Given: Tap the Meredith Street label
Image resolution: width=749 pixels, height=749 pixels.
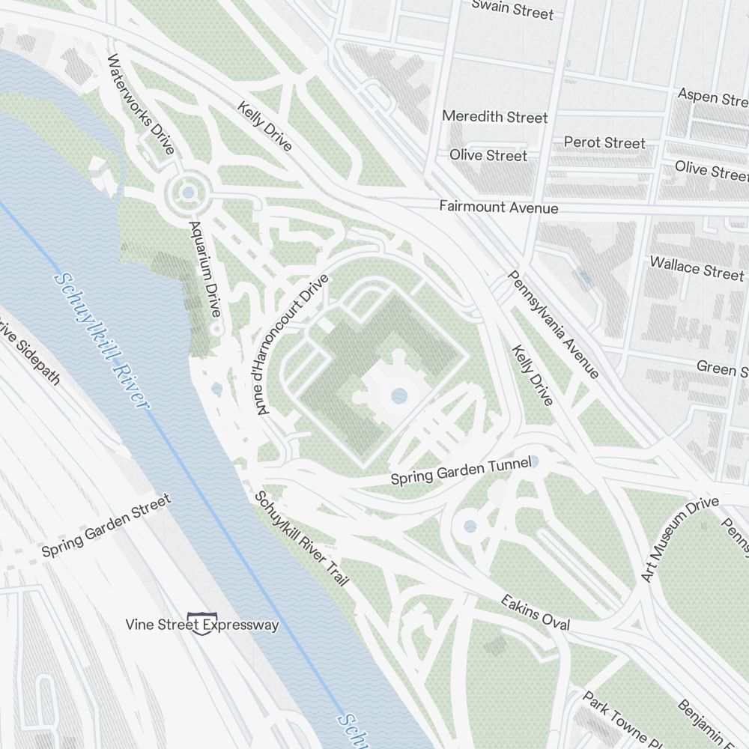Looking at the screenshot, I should (x=494, y=117).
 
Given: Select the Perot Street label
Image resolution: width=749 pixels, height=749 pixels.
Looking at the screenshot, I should (x=604, y=142).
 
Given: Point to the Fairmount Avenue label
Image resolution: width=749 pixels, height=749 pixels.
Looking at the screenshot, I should (x=498, y=207).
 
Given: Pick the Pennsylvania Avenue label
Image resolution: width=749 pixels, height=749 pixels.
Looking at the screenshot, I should (x=553, y=324).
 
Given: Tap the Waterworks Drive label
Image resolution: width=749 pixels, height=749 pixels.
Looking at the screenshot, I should (x=141, y=104).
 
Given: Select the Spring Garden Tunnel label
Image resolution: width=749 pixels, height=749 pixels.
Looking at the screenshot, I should (x=461, y=470).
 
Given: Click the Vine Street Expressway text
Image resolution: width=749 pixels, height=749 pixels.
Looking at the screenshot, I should (x=201, y=625).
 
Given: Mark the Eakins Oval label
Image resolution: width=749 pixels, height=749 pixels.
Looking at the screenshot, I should (x=536, y=613).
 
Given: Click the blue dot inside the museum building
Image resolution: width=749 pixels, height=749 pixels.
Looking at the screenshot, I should (x=399, y=395).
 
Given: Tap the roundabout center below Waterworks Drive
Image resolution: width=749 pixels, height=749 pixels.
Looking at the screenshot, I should (x=187, y=193).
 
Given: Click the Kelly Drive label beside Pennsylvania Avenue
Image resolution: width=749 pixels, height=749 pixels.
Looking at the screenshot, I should (x=532, y=375).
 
